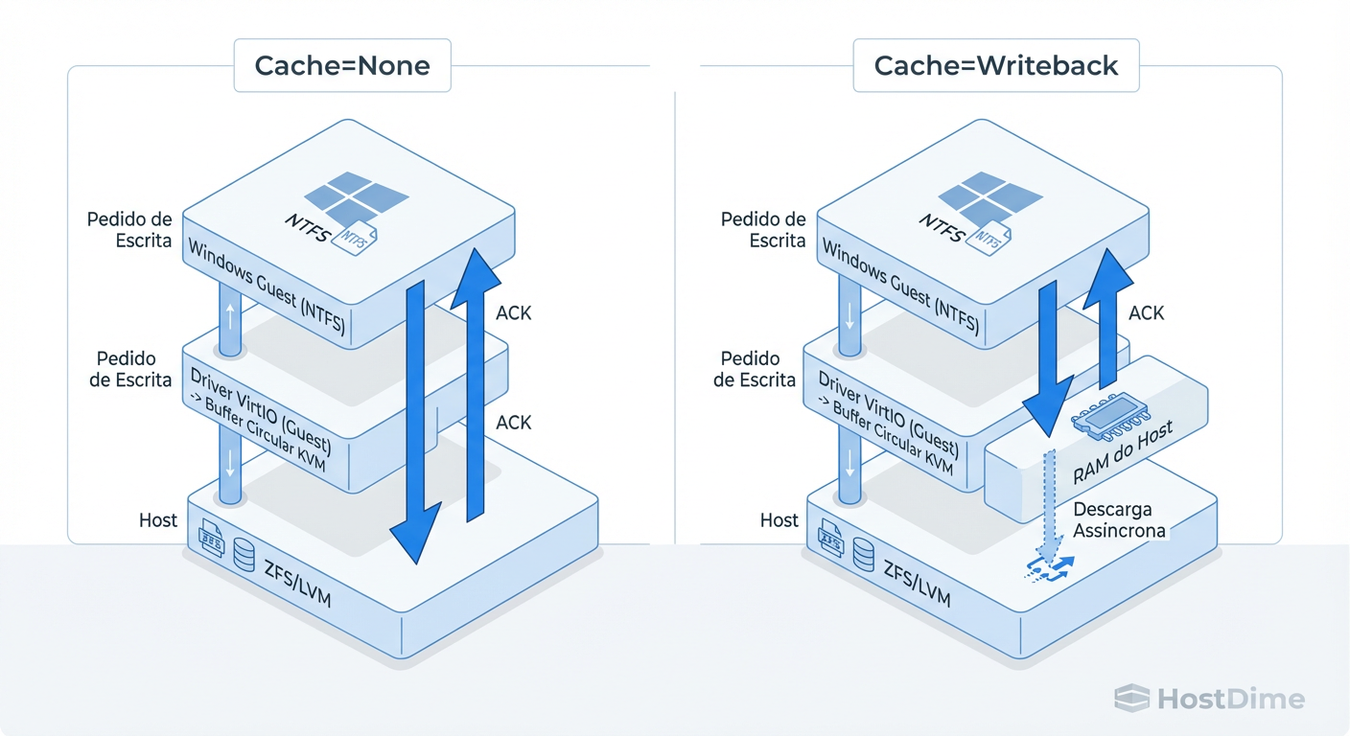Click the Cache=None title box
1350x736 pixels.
tap(342, 66)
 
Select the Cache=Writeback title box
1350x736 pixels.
tap(995, 66)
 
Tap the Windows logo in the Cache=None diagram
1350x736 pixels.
tap(355, 197)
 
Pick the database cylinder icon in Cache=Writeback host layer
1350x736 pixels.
tap(864, 553)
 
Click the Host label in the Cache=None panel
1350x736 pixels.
tap(158, 520)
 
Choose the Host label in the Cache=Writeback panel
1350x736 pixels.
tap(780, 520)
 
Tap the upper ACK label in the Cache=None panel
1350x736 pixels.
tap(514, 312)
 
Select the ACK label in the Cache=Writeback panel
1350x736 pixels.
tap(1147, 312)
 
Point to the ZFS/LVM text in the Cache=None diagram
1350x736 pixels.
tap(293, 581)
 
